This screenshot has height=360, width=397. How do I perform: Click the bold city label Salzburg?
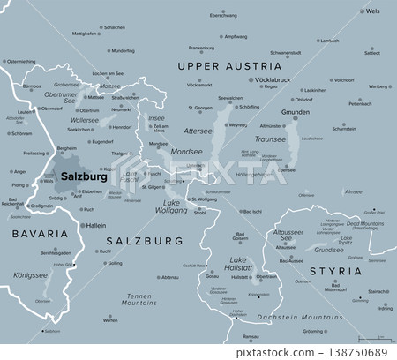pos(86,176)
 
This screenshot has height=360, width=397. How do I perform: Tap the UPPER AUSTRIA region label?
pos(229,66)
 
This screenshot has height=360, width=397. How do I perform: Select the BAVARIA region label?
pos(40,234)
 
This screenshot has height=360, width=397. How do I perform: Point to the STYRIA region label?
pos(339,270)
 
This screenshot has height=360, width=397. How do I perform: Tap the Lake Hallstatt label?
pos(238,263)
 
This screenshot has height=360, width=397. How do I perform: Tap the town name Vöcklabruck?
pos(248,79)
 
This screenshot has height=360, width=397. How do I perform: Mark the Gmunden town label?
pos(271,114)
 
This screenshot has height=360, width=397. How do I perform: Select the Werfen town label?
pos(110,320)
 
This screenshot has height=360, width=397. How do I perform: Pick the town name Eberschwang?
pos(223,16)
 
